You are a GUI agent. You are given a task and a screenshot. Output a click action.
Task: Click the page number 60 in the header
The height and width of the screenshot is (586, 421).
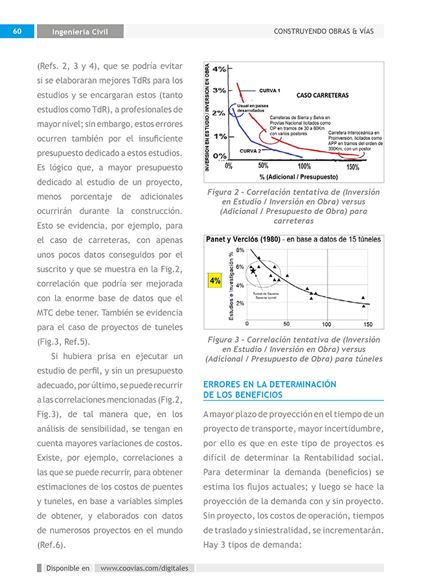pyautogui.click(x=17, y=31)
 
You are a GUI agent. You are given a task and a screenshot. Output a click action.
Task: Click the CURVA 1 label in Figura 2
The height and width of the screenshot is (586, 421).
pyautogui.click(x=269, y=91)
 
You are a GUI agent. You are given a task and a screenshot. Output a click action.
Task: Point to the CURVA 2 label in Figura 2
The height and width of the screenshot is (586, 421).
pyautogui.click(x=250, y=151)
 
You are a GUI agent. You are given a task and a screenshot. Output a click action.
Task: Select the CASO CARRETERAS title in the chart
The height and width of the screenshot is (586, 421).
pyautogui.click(x=322, y=95)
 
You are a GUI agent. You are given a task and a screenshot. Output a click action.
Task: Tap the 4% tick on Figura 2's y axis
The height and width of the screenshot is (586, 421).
pyautogui.click(x=219, y=69)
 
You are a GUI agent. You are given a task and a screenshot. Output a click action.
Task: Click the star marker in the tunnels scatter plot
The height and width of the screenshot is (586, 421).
pyautogui.click(x=253, y=270)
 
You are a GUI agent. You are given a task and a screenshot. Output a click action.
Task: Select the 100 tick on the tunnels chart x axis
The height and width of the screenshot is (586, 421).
pyautogui.click(x=326, y=324)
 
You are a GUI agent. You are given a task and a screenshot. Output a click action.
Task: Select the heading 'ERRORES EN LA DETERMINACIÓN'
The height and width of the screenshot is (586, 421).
pyautogui.click(x=269, y=384)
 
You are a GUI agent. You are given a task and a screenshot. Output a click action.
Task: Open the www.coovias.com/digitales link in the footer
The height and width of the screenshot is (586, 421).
pyautogui.click(x=144, y=568)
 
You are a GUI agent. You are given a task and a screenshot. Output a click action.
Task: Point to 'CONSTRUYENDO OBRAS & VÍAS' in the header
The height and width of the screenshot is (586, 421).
pyautogui.click(x=324, y=31)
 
